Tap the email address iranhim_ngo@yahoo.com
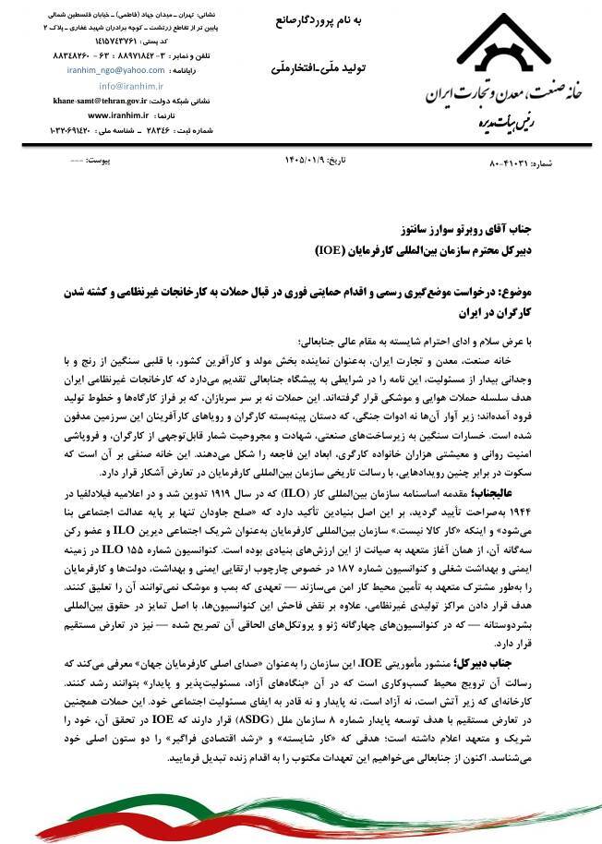[x=116, y=70]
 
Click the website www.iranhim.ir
[x=126, y=115]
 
